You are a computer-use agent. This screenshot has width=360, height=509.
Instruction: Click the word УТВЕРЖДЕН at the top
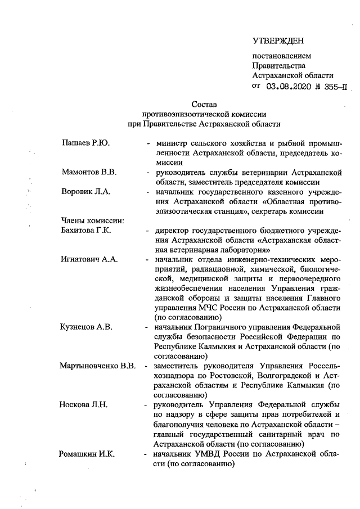point(278,40)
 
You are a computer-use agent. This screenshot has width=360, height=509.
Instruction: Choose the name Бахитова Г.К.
point(87,231)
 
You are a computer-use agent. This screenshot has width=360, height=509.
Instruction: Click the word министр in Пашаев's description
point(172,143)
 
